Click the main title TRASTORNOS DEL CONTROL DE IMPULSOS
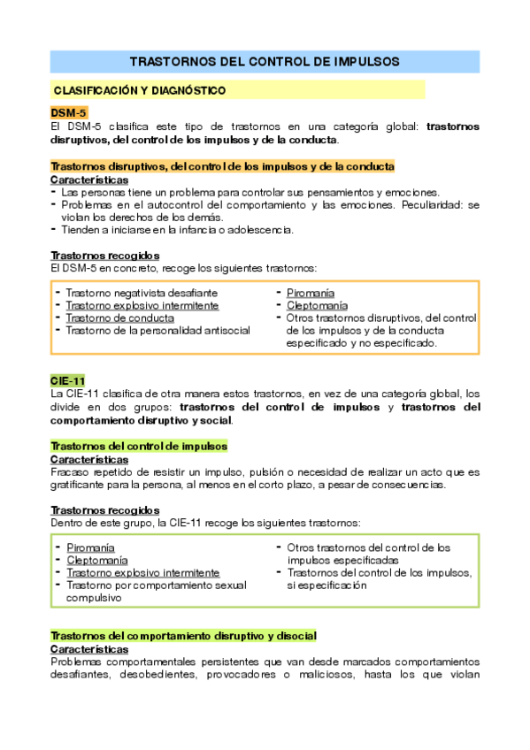265,62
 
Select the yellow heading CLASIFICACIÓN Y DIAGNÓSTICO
140,90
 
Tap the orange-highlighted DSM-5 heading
68,113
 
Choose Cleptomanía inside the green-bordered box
97,560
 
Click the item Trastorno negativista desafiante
142,293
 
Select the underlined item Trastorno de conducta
119,318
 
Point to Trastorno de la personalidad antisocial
157,330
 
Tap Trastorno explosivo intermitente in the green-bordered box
142,572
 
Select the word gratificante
80,485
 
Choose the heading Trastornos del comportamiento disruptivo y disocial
184,637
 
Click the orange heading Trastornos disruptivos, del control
211,166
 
